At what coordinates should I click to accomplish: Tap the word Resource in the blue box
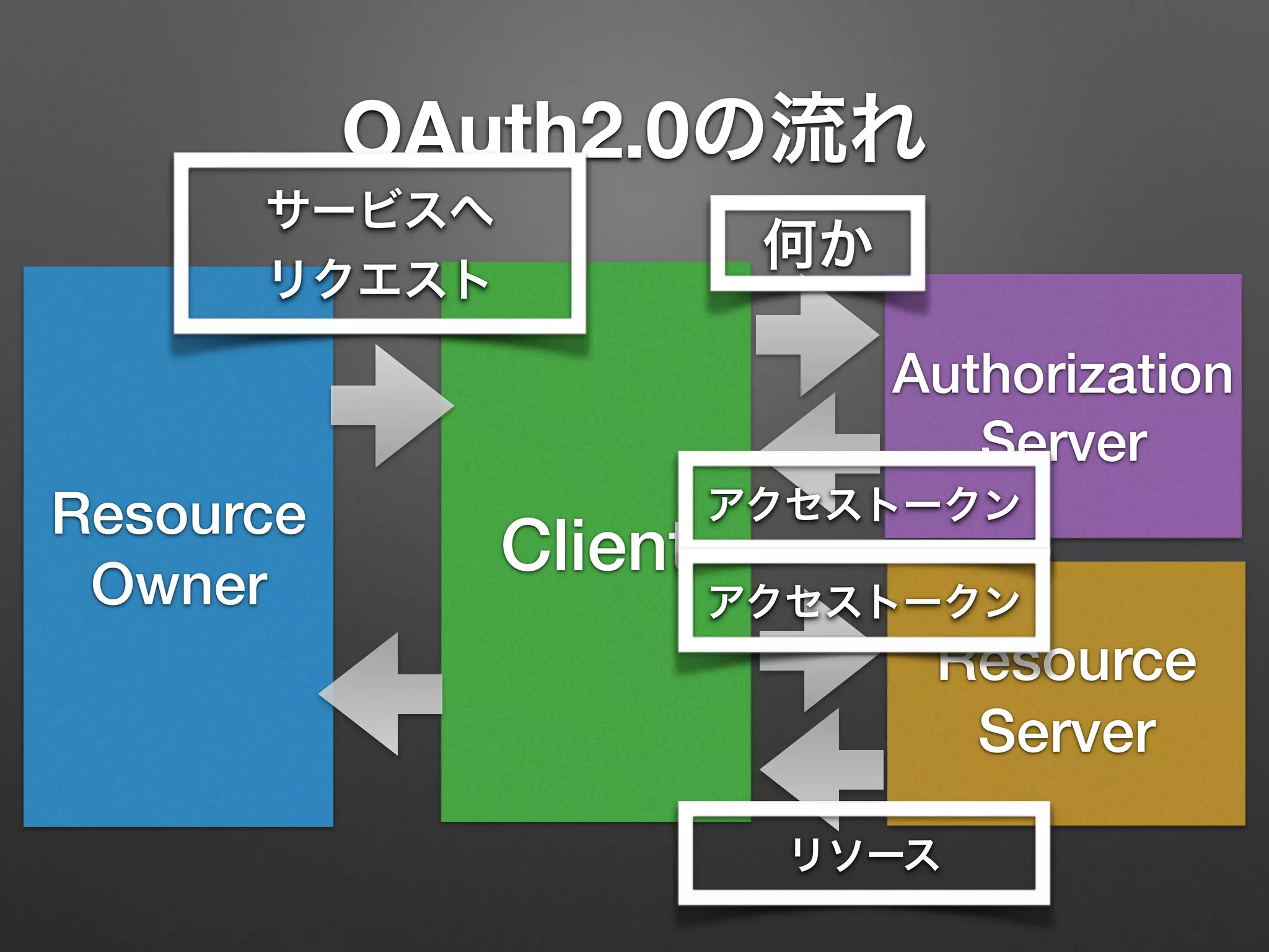[179, 514]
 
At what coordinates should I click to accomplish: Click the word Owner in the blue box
[179, 585]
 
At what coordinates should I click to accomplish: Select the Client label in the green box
[589, 545]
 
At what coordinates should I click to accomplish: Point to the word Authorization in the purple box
[1062, 374]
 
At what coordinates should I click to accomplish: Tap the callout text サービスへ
[379, 209]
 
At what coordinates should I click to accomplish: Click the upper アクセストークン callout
[864, 503]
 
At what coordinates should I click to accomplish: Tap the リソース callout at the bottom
[864, 854]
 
